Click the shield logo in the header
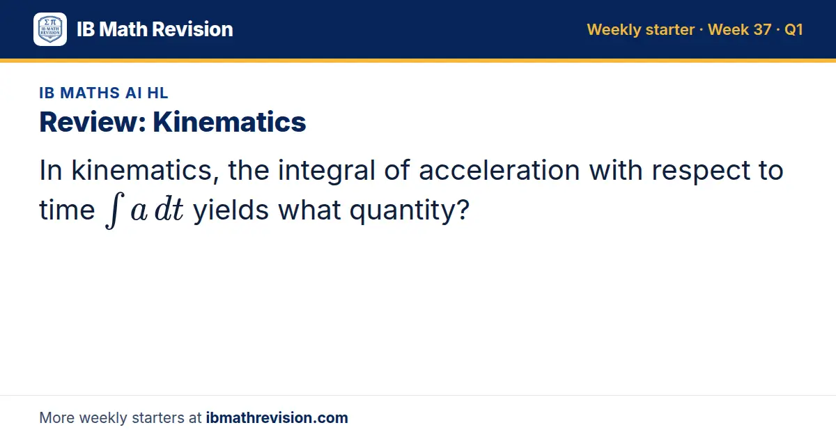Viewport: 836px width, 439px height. click(x=50, y=29)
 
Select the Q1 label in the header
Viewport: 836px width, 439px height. click(x=794, y=29)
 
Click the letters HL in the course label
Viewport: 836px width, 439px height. click(x=157, y=93)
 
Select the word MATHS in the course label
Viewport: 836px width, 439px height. click(x=90, y=93)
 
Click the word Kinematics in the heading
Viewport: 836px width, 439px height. click(x=229, y=122)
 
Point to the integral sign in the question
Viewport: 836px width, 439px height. click(x=114, y=210)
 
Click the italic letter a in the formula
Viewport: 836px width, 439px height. click(x=139, y=212)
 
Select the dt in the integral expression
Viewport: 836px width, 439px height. click(x=169, y=209)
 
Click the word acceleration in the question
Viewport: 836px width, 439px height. click(x=500, y=170)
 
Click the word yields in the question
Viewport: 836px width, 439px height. click(x=231, y=211)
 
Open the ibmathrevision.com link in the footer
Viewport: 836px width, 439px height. click(x=277, y=417)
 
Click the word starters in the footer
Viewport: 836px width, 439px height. click(x=158, y=418)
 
